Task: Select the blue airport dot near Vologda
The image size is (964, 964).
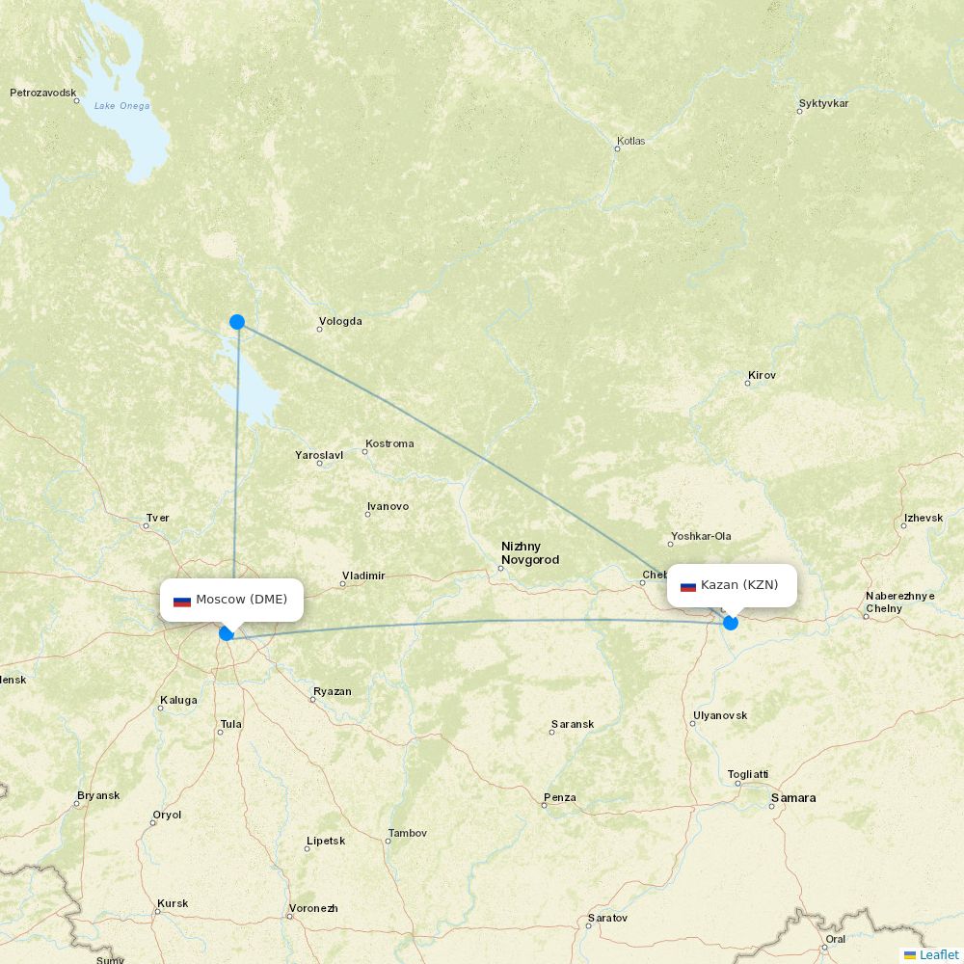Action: coord(237,322)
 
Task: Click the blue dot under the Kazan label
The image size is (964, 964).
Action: coord(731,623)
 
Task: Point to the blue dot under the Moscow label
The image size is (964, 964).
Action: coord(227,633)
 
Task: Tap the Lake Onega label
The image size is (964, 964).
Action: coord(121,106)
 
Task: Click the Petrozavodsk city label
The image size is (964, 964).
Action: coord(42,94)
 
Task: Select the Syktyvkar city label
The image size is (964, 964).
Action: coord(823,103)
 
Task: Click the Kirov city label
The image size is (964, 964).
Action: coord(762,375)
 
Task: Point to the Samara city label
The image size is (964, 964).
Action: coord(792,798)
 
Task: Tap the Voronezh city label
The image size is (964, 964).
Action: coord(313,908)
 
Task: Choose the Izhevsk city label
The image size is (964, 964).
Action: coord(923,519)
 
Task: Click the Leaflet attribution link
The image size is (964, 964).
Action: coord(938,954)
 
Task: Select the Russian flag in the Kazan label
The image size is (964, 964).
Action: coord(688,586)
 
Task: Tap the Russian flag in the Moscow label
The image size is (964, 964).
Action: coord(182,601)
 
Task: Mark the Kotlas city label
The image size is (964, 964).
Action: coord(630,141)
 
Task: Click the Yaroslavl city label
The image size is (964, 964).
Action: coord(319,455)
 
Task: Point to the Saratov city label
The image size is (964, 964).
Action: coord(607,918)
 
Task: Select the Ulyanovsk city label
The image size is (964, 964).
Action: coord(719,715)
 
